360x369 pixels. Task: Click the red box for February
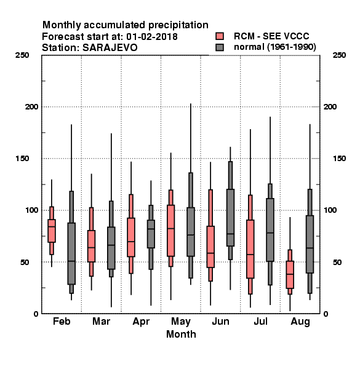pyautogui.click(x=52, y=231)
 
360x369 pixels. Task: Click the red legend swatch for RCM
pyautogui.click(x=220, y=36)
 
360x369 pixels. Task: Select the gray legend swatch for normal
pyautogui.click(x=220, y=47)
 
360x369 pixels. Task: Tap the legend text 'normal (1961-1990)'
pyautogui.click(x=274, y=47)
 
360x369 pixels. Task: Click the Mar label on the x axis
pyautogui.click(x=102, y=321)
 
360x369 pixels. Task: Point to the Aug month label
pyautogui.click(x=300, y=322)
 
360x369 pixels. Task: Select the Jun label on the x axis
pyautogui.click(x=220, y=322)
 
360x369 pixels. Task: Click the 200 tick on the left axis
pyautogui.click(x=31, y=107)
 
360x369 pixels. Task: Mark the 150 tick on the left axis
pyautogui.click(x=22, y=159)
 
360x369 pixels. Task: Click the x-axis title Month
pyautogui.click(x=181, y=334)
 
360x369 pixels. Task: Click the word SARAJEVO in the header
pyautogui.click(x=110, y=48)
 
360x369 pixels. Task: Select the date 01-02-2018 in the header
pyautogui.click(x=152, y=36)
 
